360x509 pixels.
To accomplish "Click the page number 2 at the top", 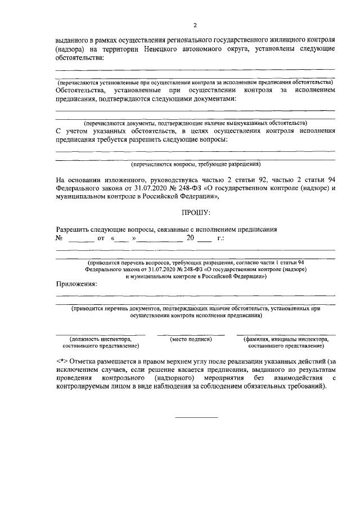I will pyautogui.click(x=195, y=25).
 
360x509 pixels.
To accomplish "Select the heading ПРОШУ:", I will pyautogui.click(x=196, y=213).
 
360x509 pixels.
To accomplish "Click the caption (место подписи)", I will pyautogui.click(x=191, y=340).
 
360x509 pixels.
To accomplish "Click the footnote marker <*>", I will pyautogui.click(x=62, y=361).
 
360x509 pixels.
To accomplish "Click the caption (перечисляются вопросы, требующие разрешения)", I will pyautogui.click(x=195, y=165).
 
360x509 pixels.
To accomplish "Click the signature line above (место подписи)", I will pyautogui.click(x=191, y=335).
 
